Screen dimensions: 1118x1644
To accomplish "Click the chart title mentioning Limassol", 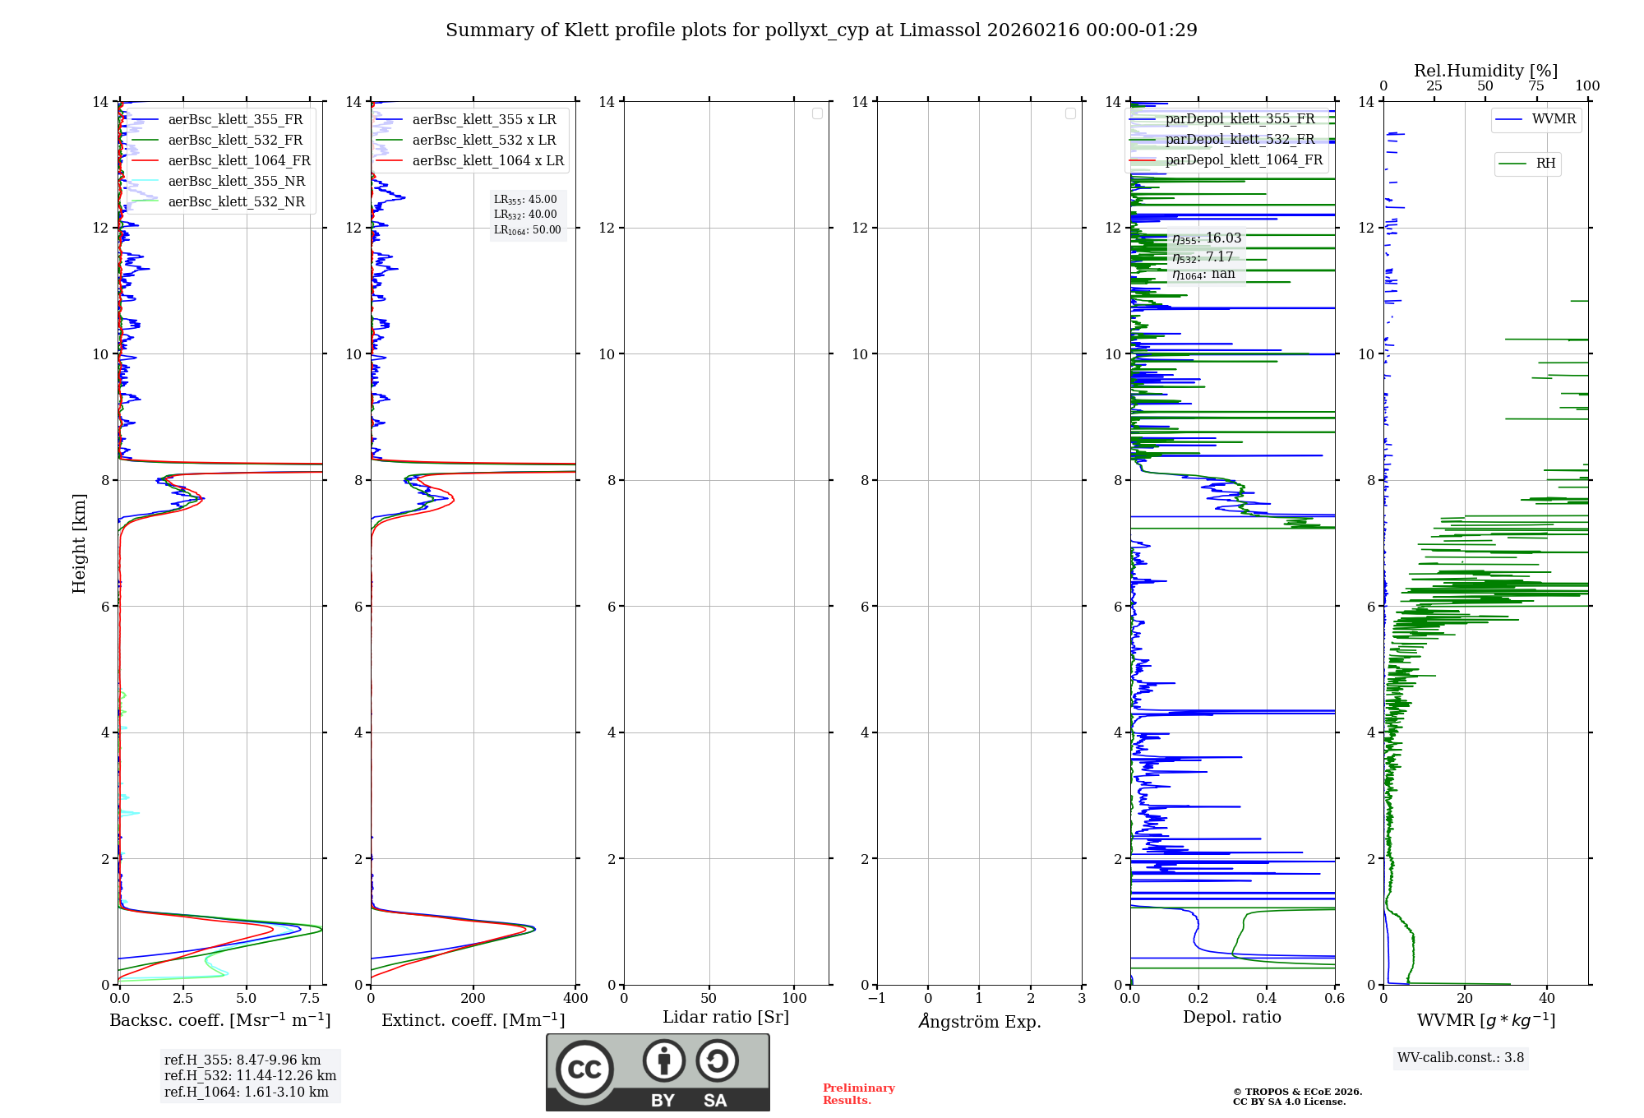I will (x=821, y=30).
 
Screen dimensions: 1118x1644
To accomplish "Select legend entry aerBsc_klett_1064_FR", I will (x=238, y=161).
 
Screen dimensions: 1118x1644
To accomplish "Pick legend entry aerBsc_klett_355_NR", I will (x=236, y=182).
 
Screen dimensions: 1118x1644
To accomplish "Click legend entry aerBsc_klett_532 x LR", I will (x=483, y=141).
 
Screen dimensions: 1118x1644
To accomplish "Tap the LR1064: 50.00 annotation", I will (x=527, y=230).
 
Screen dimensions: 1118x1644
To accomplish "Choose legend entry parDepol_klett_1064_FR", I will (x=1243, y=160).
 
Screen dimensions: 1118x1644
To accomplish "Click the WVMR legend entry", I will (x=1553, y=119).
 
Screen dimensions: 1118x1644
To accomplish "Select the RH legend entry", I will (x=1545, y=164).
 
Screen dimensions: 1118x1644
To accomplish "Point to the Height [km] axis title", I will (x=79, y=543).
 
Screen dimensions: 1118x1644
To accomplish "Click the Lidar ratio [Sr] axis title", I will (x=726, y=1018).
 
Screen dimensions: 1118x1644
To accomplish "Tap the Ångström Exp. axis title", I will (x=979, y=1022).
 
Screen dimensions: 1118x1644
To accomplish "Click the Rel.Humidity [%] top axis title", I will (x=1485, y=71).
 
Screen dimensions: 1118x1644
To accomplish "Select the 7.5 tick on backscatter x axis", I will (x=310, y=999).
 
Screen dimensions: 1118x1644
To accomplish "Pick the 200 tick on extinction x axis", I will (x=473, y=999).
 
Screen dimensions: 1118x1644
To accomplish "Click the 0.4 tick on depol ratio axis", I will (x=1267, y=999).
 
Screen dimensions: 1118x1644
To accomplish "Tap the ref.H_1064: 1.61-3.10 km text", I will (x=246, y=1093).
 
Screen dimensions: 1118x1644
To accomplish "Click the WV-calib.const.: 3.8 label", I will (x=1460, y=1058).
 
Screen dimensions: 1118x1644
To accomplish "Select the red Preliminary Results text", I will (x=858, y=1094).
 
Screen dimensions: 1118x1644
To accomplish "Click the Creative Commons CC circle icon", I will (x=584, y=1069).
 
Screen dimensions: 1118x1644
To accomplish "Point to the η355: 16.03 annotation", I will (x=1206, y=239).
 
